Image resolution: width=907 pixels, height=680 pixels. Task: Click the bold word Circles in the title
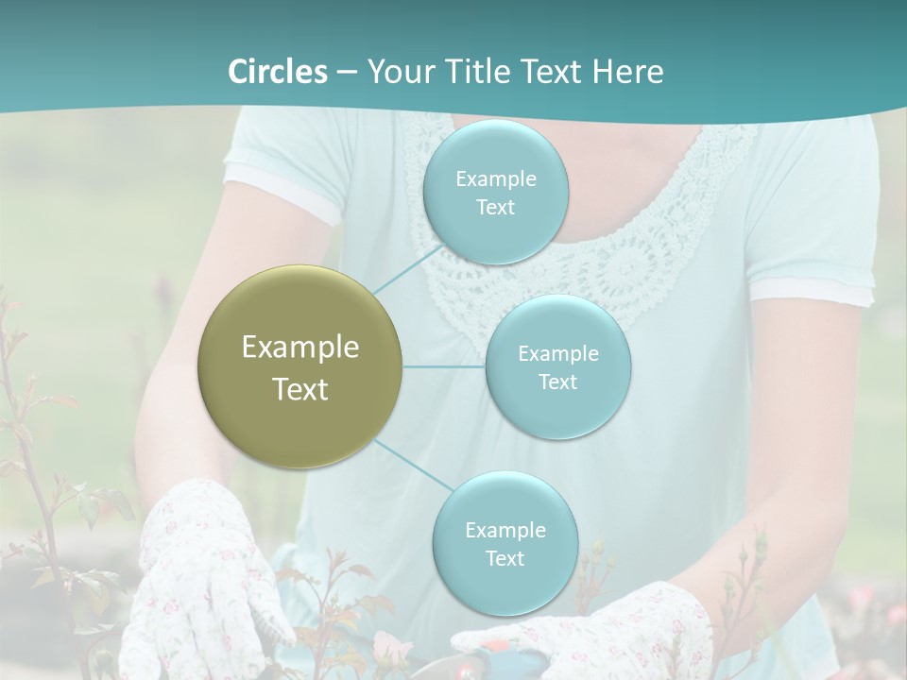tap(277, 72)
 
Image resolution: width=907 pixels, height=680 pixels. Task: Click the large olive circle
tap(300, 366)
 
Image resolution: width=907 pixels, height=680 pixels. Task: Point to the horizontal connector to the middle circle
tap(444, 366)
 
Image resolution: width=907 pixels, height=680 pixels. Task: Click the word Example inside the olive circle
tap(300, 348)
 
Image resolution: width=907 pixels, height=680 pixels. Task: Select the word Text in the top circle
tap(495, 208)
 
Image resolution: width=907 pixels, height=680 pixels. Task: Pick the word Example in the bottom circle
tap(505, 530)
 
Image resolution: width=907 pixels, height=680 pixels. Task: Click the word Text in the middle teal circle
tap(557, 382)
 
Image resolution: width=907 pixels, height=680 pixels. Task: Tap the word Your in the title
tap(401, 72)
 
